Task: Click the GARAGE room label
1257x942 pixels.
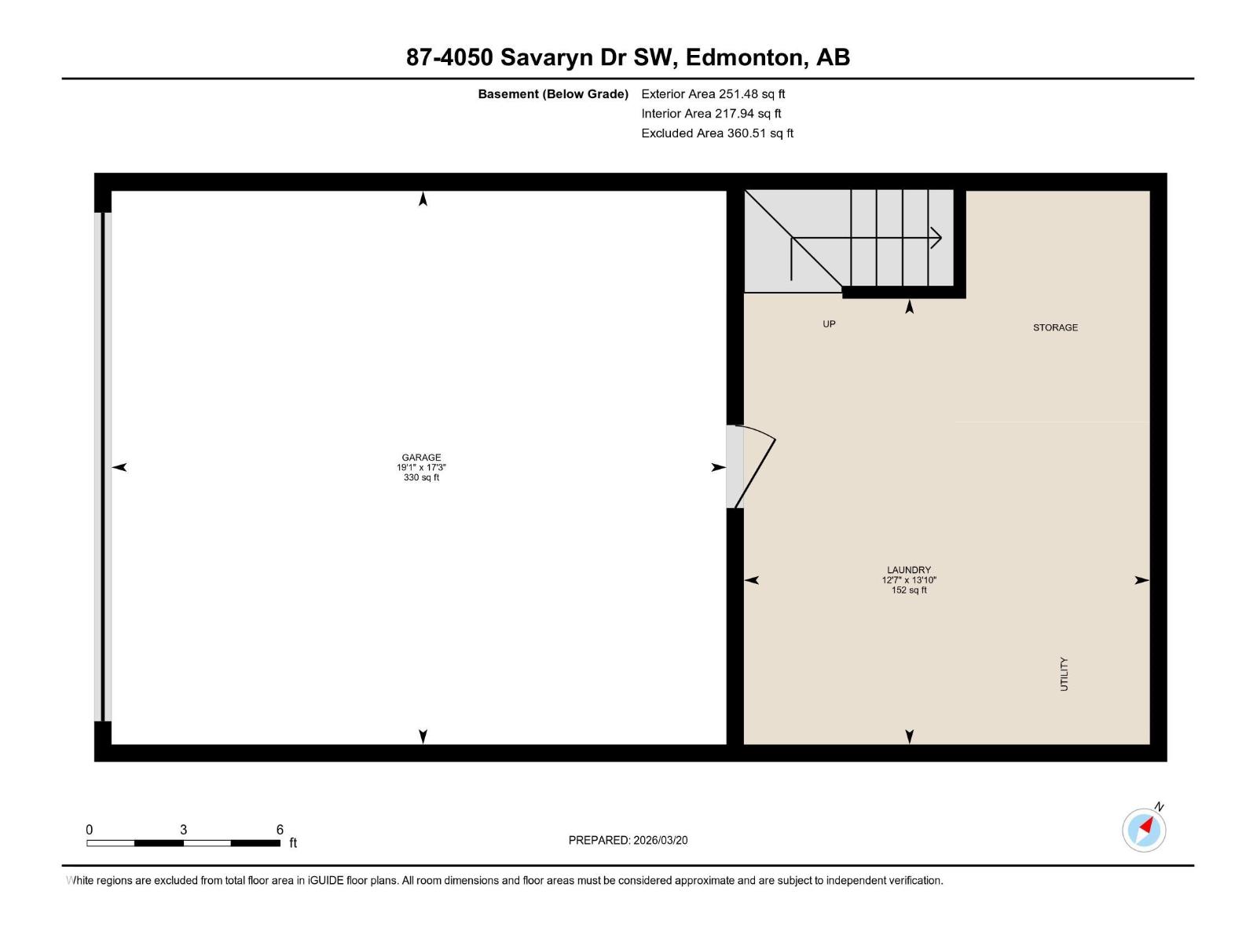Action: [x=421, y=457]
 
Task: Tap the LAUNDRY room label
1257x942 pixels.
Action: [x=909, y=570]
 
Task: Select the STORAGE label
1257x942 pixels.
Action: [x=1055, y=327]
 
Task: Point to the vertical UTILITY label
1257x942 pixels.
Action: [x=1065, y=674]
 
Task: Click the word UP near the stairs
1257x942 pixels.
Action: [x=829, y=324]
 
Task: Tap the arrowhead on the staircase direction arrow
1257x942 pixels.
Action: [x=936, y=238]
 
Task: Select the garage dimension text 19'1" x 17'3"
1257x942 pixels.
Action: [x=421, y=467]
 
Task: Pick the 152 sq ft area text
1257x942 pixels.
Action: [x=909, y=590]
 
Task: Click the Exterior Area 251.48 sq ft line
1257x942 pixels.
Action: [x=713, y=94]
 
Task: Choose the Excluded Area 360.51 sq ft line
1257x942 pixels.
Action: [x=716, y=133]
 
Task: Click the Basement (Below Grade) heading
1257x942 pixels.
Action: [x=553, y=94]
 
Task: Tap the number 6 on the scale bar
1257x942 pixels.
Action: [x=280, y=830]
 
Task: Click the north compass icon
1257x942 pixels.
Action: [x=1144, y=830]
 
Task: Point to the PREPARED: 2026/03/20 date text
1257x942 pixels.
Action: [x=628, y=840]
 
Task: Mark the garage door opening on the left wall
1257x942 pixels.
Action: [x=103, y=467]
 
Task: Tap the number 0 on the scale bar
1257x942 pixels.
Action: [x=90, y=830]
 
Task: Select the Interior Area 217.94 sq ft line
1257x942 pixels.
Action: [x=711, y=114]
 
